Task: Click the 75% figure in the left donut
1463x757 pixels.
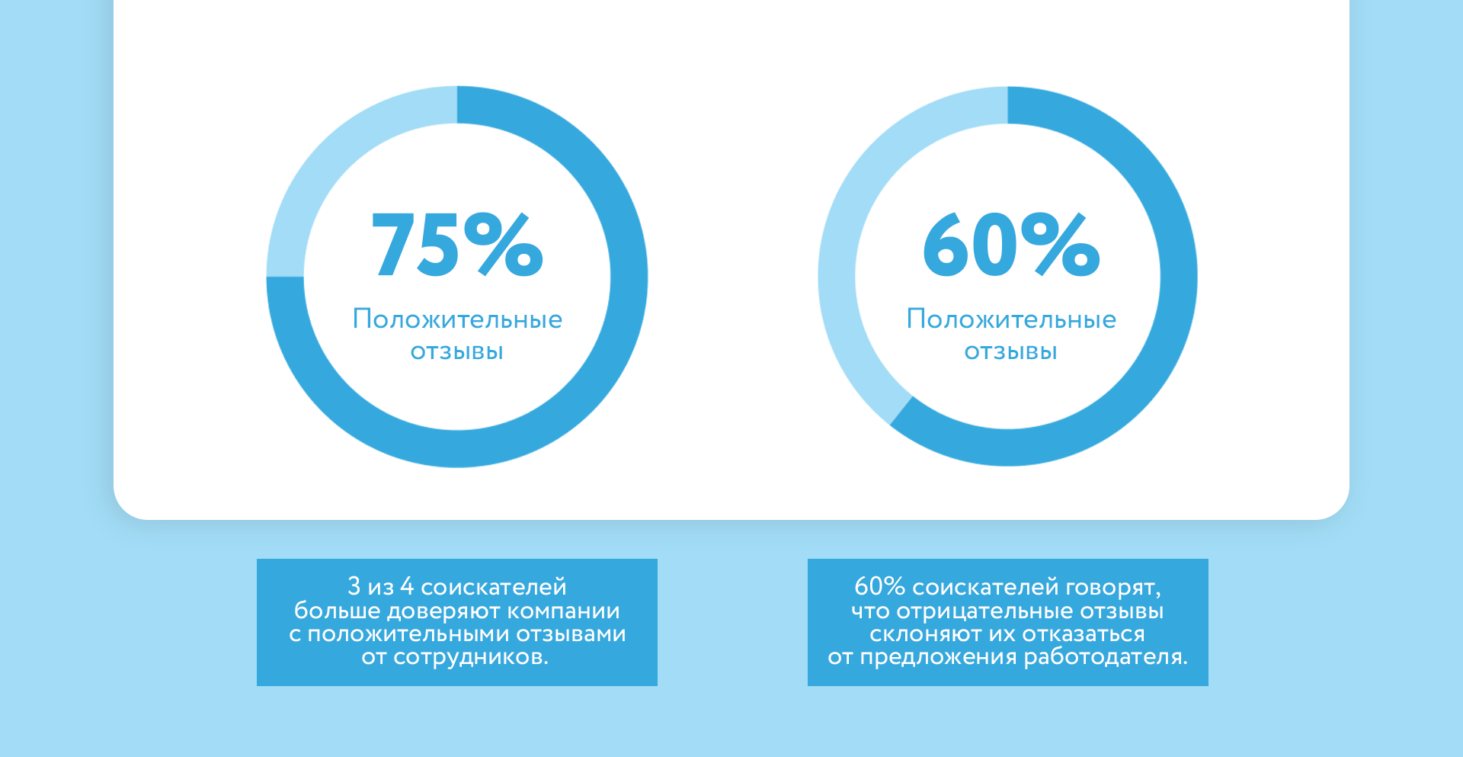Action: click(457, 245)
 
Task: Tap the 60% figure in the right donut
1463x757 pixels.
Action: click(1011, 245)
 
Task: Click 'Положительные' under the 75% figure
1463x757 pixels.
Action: click(457, 319)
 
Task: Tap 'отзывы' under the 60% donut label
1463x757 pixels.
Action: click(1011, 351)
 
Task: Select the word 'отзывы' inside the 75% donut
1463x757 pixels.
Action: click(457, 351)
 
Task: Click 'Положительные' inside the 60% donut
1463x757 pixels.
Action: click(1011, 319)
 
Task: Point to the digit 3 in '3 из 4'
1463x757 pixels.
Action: click(354, 586)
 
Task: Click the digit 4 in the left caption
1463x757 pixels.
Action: click(407, 586)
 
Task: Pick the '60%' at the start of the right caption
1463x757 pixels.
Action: click(879, 586)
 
